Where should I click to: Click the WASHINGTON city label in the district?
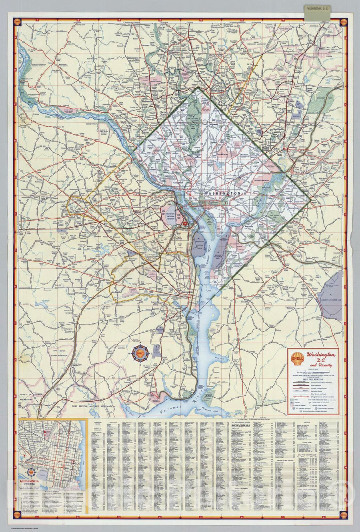tap(222, 193)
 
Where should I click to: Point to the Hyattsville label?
tap(280, 130)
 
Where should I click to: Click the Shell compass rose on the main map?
tap(141, 353)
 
